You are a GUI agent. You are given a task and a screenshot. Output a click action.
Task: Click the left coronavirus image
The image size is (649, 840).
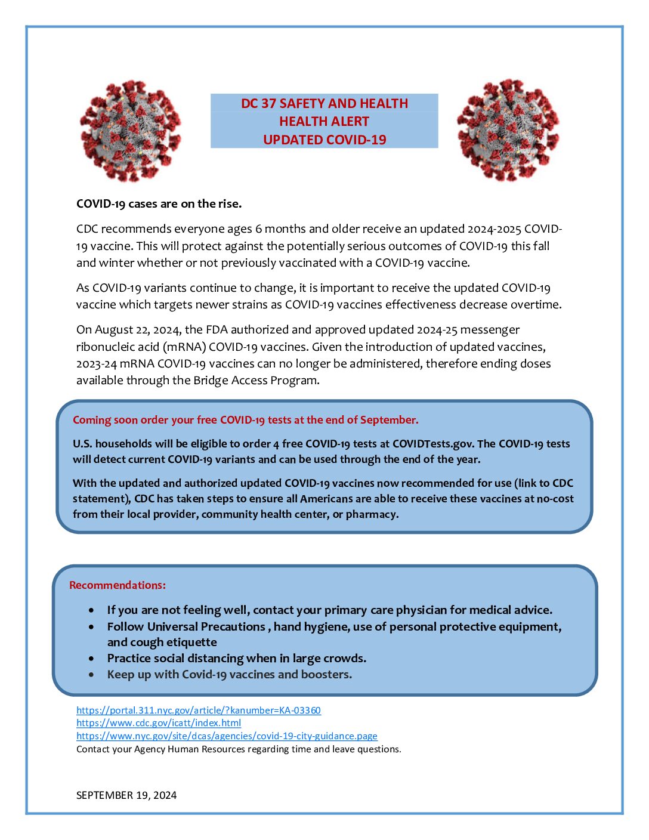(x=130, y=131)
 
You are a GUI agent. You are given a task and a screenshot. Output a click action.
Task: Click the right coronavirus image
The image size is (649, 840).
(x=508, y=129)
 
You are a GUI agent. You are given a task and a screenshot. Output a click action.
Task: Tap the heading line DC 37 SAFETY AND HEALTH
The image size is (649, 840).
(x=324, y=103)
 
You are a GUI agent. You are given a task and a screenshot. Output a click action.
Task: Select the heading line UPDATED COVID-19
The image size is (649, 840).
(x=324, y=140)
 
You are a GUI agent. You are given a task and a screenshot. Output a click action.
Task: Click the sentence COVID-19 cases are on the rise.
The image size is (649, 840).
(x=159, y=204)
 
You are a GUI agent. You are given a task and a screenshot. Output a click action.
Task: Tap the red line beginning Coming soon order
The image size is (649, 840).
(x=245, y=420)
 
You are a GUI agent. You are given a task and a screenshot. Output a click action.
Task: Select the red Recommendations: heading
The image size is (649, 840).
(x=118, y=585)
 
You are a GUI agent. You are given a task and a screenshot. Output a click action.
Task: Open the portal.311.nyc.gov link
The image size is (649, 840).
(x=198, y=710)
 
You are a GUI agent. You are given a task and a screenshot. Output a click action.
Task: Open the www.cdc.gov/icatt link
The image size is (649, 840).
(x=159, y=723)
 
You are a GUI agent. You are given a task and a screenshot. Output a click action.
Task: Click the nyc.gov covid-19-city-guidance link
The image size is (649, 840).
(x=227, y=736)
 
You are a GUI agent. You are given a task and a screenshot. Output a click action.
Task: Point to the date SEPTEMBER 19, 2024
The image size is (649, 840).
(x=126, y=795)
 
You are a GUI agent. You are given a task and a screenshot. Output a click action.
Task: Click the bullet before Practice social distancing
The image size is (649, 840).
(x=91, y=659)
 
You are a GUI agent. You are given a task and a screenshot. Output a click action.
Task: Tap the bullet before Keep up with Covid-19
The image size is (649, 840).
(x=91, y=675)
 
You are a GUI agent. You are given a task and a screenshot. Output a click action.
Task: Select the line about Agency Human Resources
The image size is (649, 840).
(x=239, y=749)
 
